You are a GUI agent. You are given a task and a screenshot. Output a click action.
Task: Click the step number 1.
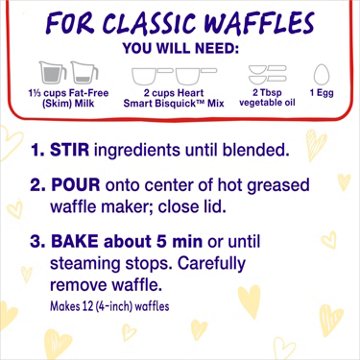(x=39, y=151)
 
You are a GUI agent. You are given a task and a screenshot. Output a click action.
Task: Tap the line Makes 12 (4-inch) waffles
(x=112, y=305)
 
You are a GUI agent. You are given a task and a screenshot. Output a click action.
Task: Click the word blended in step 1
(x=248, y=151)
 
